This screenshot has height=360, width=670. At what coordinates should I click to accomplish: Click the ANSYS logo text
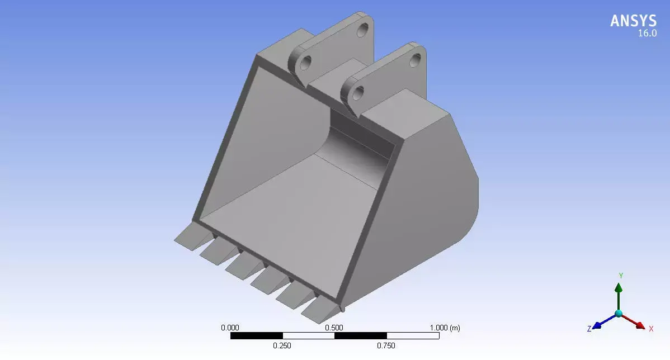point(633,21)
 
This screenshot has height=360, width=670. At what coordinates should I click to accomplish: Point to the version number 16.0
point(647,34)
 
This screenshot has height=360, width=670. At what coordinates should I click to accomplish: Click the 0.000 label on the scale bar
point(230,328)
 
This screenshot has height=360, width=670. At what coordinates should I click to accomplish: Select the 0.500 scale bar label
point(334,328)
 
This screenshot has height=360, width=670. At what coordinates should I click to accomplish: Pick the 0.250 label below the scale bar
point(282,345)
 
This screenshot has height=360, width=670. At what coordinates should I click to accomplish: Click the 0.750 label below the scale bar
point(386,345)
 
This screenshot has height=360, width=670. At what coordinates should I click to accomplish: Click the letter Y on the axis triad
point(620,276)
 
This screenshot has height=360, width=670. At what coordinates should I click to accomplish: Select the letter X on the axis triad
point(651,329)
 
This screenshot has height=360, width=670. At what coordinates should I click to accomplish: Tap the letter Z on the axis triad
point(589,329)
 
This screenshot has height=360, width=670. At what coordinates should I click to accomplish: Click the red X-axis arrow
point(634,321)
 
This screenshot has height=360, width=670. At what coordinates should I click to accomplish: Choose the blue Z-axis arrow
point(603,321)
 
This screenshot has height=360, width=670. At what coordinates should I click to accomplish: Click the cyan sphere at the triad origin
point(619,314)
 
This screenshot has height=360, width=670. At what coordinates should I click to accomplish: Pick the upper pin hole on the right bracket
point(415,58)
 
